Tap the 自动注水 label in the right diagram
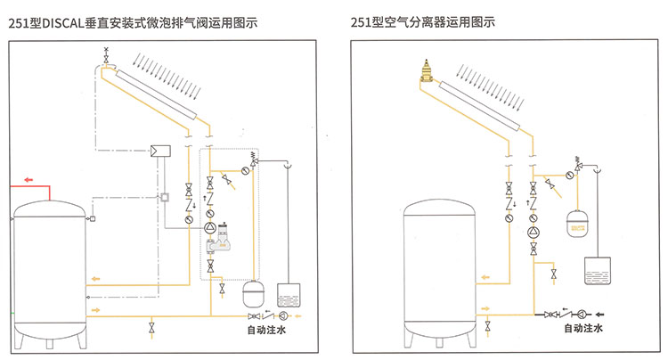point(583,329)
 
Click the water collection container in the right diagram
point(598,270)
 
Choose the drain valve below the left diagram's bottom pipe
point(151,331)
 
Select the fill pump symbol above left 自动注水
point(283,316)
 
